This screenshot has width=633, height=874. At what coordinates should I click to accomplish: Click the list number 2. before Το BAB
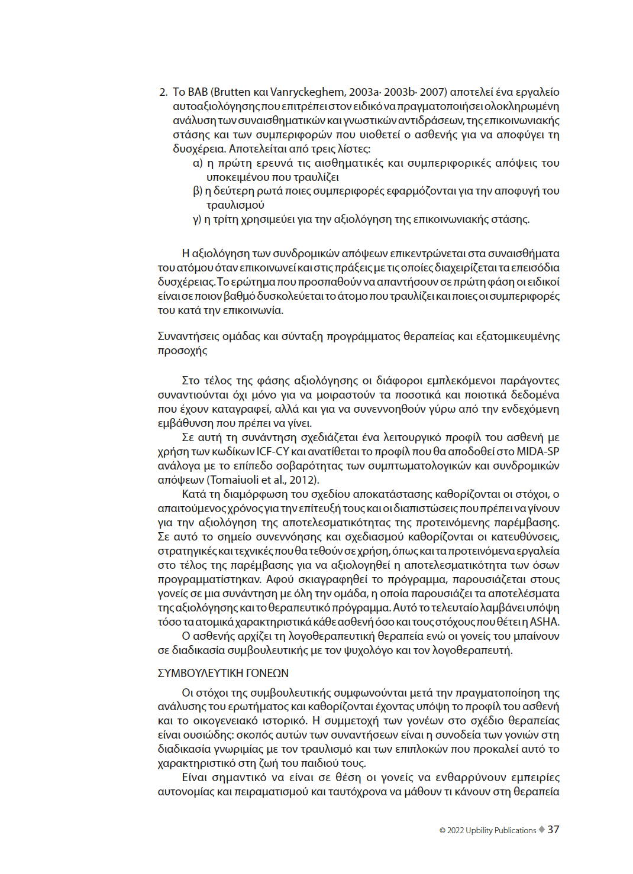coord(163,92)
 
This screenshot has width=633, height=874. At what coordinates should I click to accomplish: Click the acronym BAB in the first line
coord(198,92)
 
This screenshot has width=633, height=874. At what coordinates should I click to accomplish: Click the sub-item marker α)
coord(198,163)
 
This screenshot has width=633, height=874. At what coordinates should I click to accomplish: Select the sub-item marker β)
coord(198,191)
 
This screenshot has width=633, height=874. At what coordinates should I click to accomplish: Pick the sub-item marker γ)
coord(197,219)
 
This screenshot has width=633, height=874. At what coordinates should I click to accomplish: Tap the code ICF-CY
coord(273,452)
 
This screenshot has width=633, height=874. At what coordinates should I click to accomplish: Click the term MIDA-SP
coord(538,452)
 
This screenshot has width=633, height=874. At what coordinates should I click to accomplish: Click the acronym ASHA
coord(544,622)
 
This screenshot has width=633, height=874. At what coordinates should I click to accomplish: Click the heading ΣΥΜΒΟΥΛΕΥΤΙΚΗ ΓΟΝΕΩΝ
coord(223,674)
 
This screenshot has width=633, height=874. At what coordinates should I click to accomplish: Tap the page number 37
coord(553,830)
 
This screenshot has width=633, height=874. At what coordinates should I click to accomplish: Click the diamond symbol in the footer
coord(541,830)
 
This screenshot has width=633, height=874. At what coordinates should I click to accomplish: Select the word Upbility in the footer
coord(479,830)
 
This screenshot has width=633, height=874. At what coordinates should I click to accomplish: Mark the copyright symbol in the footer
coord(443,831)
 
